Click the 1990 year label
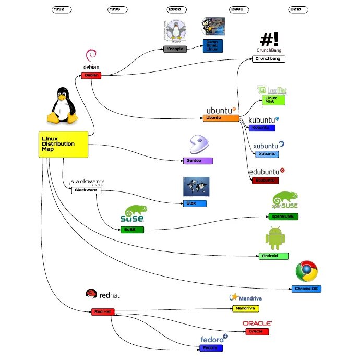[x=62, y=9]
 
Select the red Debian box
[x=91, y=75]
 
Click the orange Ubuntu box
[x=221, y=118]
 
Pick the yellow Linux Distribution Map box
[x=63, y=143]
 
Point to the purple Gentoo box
[x=198, y=161]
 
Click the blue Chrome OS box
[x=306, y=289]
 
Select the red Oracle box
[x=256, y=332]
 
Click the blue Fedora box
[x=211, y=347]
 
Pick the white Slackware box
[x=86, y=190]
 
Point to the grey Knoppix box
[x=175, y=50]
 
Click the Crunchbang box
[x=269, y=59]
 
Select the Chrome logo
[x=307, y=271]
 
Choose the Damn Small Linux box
[x=212, y=45]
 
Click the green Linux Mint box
[x=274, y=100]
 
